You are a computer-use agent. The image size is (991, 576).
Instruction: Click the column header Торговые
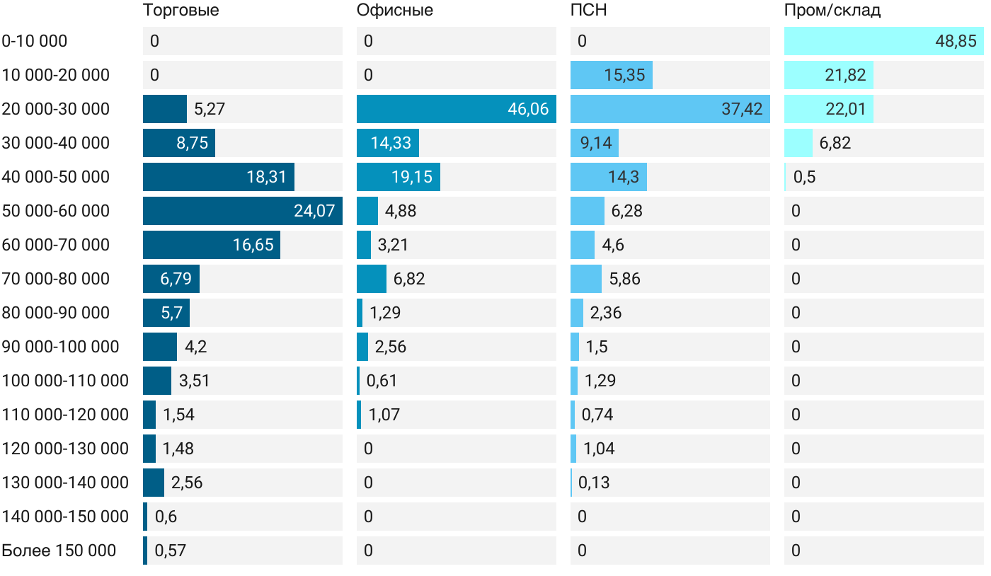[x=181, y=11]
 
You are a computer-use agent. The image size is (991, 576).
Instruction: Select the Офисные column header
[x=394, y=11]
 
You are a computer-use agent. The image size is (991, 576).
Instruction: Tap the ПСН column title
[x=588, y=11]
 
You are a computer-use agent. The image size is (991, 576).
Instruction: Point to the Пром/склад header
[x=832, y=11]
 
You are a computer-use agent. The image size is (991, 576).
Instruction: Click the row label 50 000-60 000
[x=56, y=211]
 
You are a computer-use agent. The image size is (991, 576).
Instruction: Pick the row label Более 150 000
[x=59, y=551]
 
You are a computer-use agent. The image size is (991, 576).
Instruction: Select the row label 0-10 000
[x=35, y=41]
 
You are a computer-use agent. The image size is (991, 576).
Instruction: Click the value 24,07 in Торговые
[x=314, y=211]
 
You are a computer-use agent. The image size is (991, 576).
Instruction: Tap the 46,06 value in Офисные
[x=528, y=109]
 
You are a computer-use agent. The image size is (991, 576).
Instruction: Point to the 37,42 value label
[x=742, y=109]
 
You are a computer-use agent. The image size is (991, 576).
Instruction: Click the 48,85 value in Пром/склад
[x=956, y=41]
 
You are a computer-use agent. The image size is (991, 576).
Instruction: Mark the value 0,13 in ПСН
[x=594, y=483]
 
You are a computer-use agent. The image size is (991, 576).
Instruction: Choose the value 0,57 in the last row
[x=170, y=551]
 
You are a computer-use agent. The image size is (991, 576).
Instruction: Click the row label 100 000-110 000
[x=65, y=381]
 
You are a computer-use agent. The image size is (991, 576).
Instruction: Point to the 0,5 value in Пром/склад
[x=804, y=177]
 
